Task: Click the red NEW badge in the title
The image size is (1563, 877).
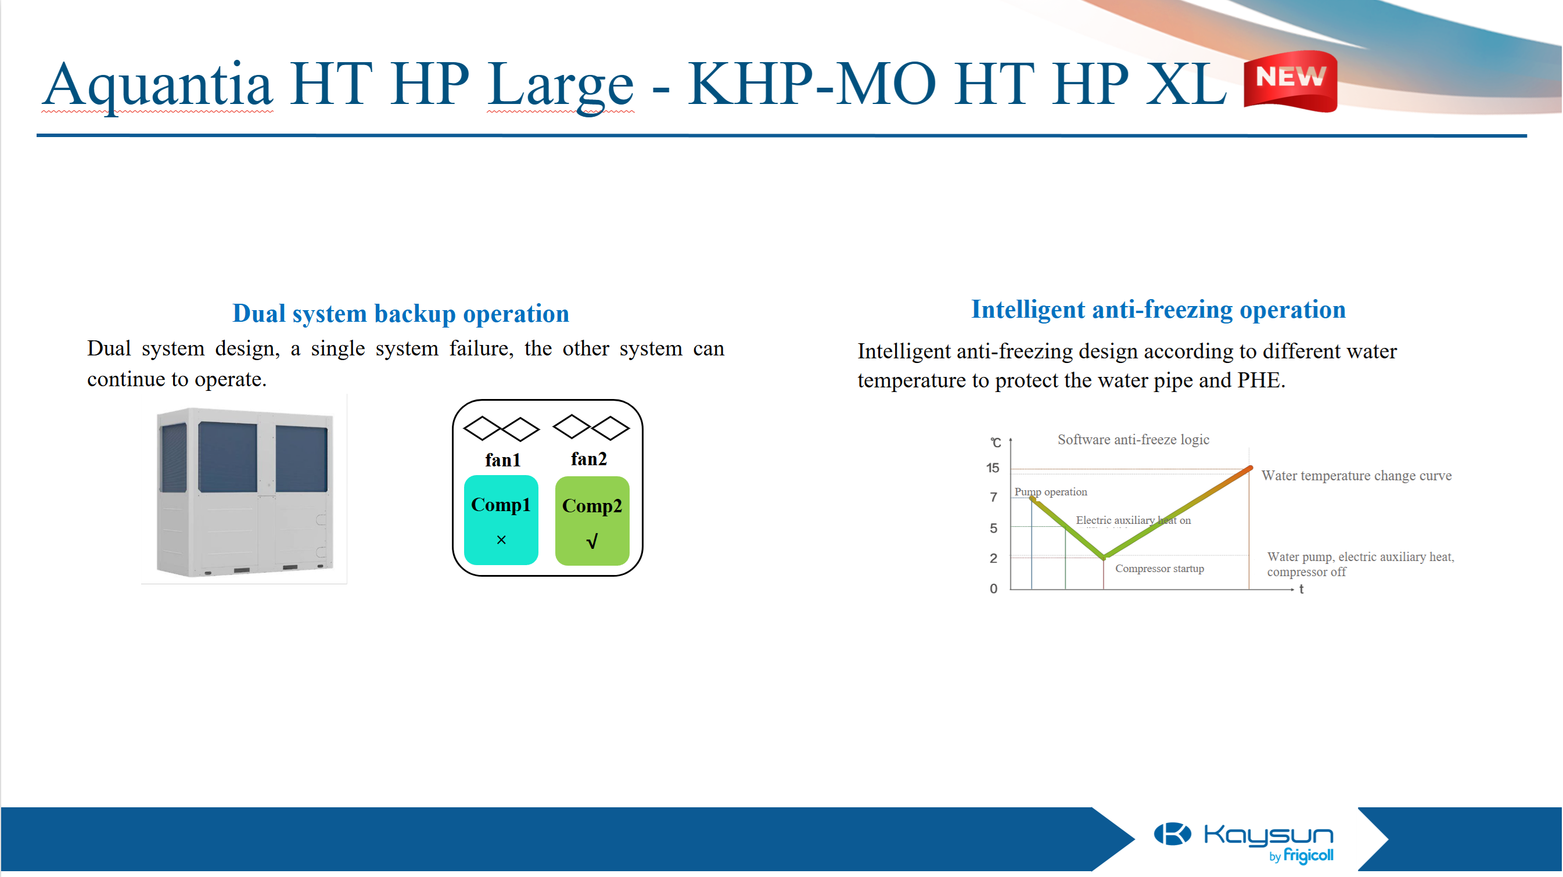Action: click(1290, 81)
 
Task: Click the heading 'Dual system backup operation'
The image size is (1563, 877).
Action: click(400, 314)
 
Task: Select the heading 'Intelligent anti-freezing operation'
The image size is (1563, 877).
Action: click(1158, 310)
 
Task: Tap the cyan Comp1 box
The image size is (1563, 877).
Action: click(501, 520)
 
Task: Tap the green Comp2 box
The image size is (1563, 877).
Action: click(592, 522)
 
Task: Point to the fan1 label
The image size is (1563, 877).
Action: click(503, 460)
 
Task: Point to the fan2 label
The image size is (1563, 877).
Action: click(589, 459)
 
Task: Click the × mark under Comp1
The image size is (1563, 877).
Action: click(501, 540)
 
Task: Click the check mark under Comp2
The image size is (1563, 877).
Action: click(592, 541)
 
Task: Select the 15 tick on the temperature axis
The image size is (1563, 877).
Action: click(993, 468)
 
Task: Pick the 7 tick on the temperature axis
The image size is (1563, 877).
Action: click(993, 498)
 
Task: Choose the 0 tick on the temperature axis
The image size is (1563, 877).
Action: click(993, 589)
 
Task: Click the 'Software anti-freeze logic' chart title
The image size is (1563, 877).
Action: click(1133, 440)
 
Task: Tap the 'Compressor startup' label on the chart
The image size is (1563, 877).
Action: click(1159, 569)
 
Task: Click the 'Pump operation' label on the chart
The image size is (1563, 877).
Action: click(1051, 492)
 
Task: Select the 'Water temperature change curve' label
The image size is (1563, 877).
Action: click(1357, 476)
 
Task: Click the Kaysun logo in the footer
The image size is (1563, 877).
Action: click(1244, 842)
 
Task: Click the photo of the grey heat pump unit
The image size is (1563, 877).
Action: click(245, 491)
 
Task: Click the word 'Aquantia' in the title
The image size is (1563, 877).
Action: click(157, 84)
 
